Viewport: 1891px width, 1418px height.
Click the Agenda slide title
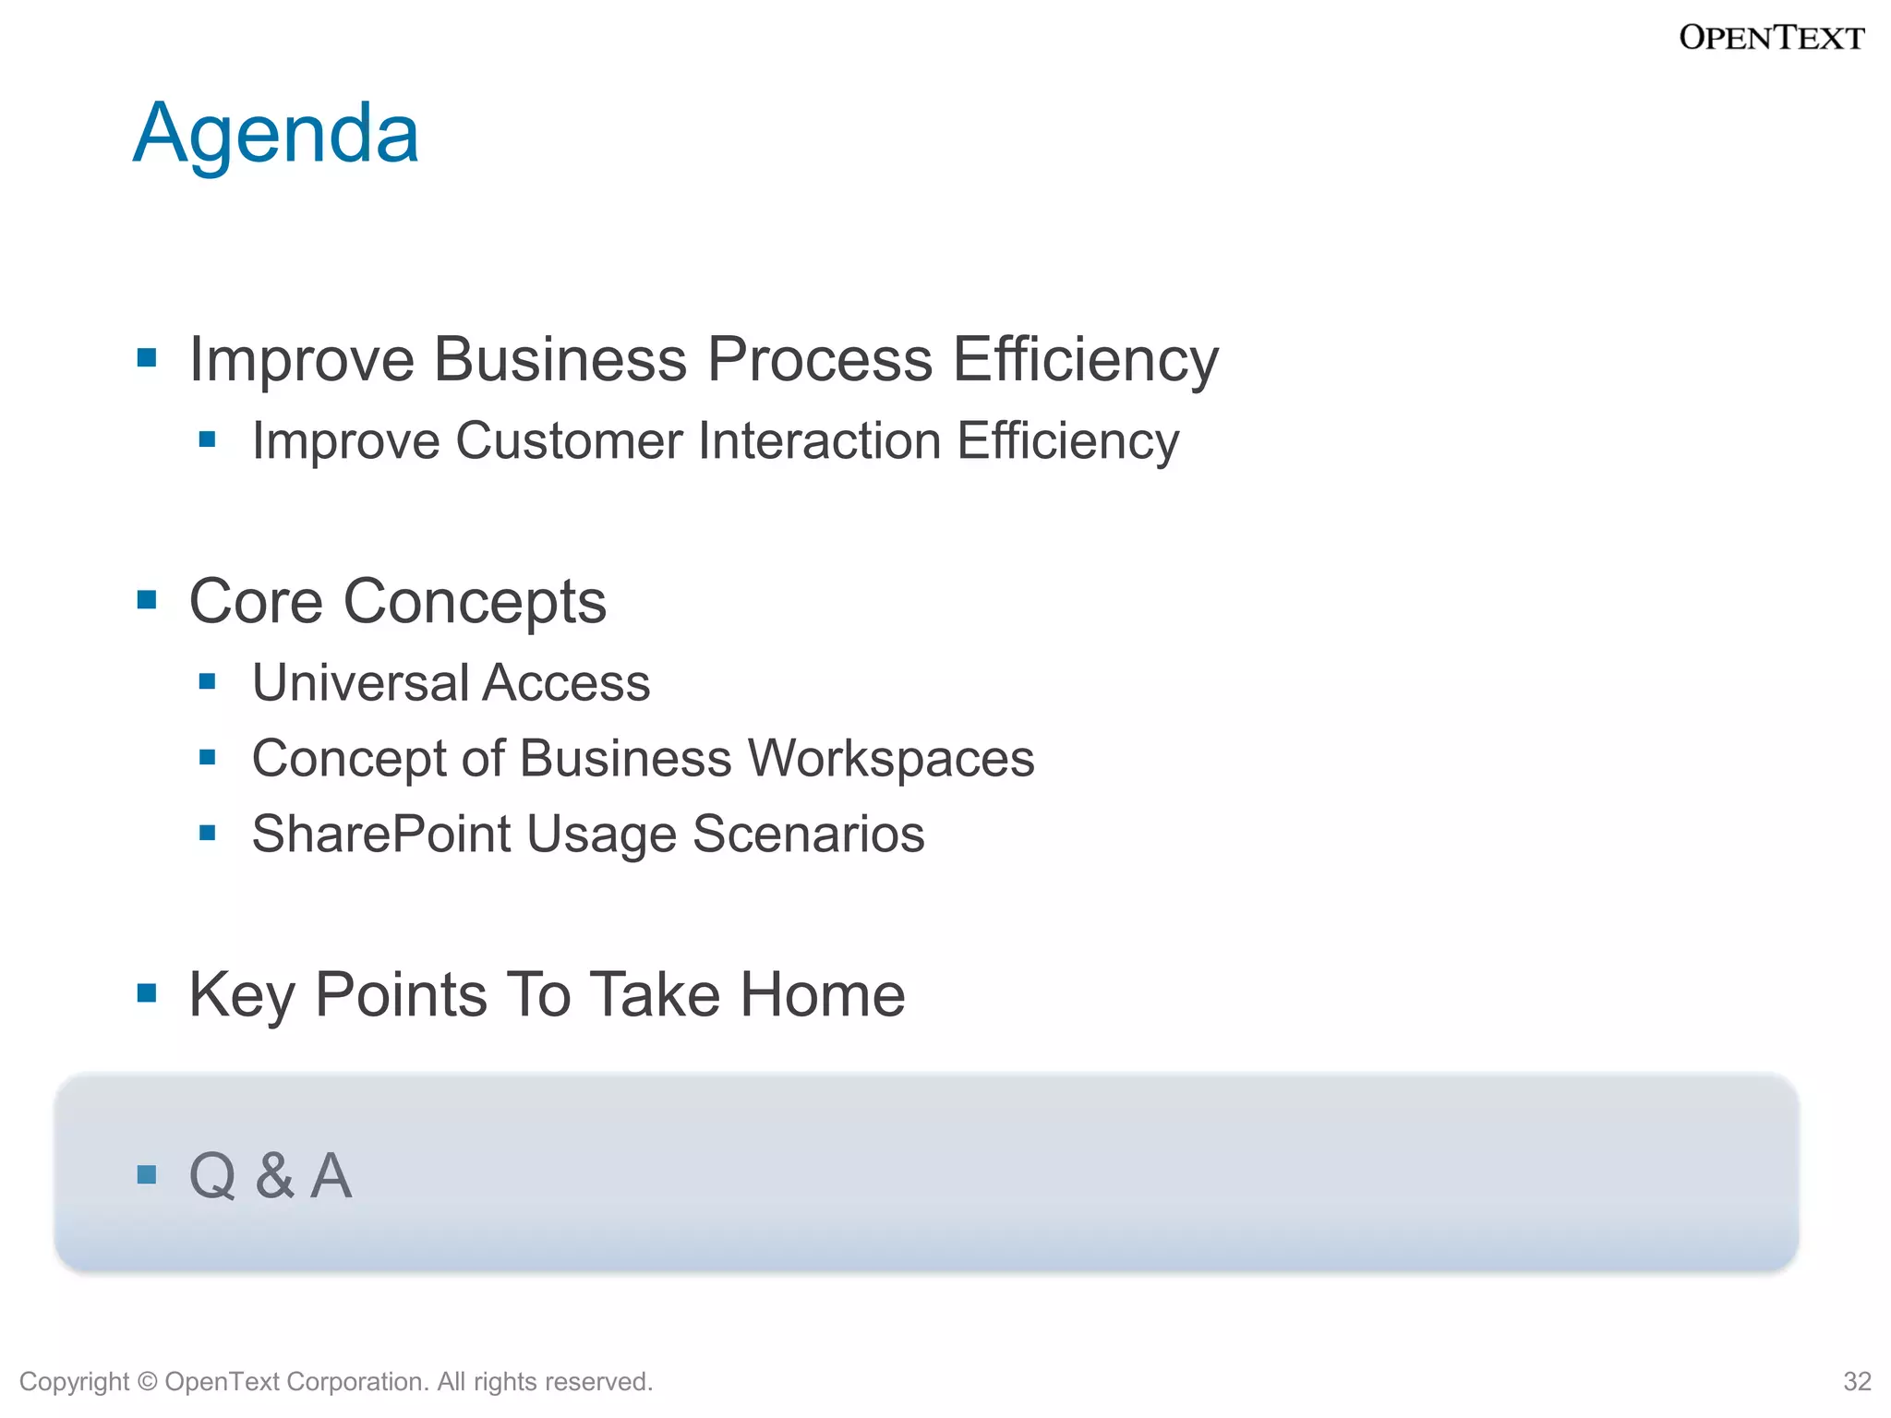276,134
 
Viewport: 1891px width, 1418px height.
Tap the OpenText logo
1771,38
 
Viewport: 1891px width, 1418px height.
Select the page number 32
1857,1381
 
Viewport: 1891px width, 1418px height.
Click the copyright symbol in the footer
147,1382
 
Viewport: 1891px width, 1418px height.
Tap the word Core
256,602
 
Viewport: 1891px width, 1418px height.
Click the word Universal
361,683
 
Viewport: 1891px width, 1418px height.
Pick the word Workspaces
891,759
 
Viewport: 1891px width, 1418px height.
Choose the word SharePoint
381,835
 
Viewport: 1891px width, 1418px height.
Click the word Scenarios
808,835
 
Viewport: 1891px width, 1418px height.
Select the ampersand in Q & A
274,1176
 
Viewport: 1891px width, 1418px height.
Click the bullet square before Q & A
147,1175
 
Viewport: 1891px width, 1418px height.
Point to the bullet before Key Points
147,993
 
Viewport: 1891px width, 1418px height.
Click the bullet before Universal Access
208,682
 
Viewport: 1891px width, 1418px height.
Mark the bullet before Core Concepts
147,601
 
